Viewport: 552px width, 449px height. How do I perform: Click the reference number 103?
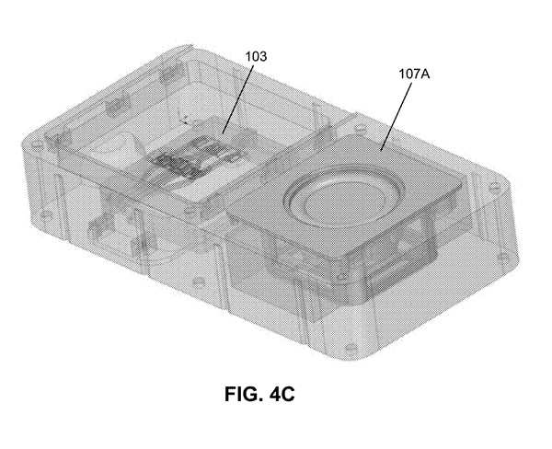[256, 56]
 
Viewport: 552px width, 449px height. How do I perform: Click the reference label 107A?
[414, 74]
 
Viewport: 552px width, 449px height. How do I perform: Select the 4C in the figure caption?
[282, 394]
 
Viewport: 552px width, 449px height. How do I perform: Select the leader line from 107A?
[396, 117]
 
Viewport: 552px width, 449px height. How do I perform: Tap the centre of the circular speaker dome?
[341, 203]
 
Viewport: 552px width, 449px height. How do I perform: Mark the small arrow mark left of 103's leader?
[183, 120]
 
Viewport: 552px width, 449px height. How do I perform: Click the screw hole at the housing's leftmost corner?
[35, 144]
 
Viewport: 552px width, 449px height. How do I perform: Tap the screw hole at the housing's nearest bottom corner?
[350, 348]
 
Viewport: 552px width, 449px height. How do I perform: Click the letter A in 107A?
[426, 74]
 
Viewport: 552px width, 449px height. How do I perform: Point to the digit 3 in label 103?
[263, 56]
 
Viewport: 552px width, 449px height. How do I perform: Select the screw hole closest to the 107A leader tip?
[360, 128]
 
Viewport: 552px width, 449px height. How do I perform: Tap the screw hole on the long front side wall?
[199, 282]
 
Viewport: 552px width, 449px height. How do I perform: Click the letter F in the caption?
[229, 394]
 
